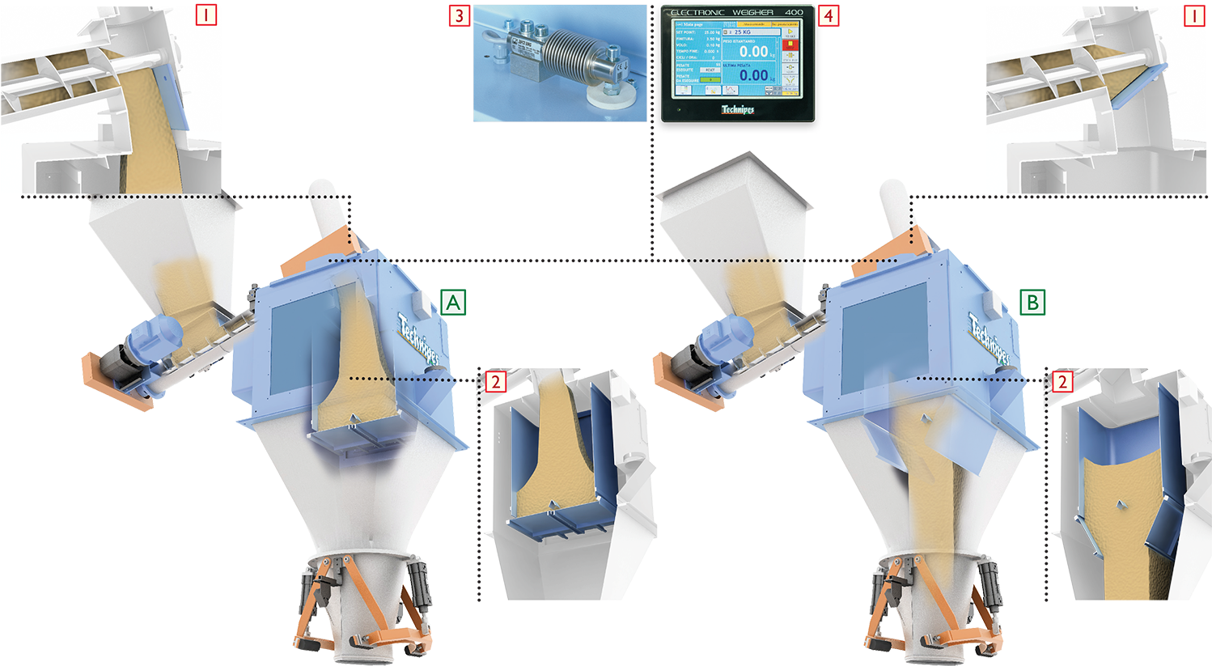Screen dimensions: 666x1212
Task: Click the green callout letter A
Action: [453, 303]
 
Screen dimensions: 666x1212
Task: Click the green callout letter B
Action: [1032, 303]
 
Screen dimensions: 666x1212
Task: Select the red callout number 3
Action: [460, 15]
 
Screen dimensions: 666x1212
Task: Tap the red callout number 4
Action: [827, 15]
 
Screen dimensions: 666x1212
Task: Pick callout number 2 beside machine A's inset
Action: [495, 381]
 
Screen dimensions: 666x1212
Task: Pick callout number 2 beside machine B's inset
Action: [1062, 381]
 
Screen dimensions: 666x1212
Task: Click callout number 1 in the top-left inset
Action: [206, 15]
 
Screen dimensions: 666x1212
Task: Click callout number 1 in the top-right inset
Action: [1194, 15]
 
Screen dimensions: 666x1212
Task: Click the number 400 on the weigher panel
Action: [794, 12]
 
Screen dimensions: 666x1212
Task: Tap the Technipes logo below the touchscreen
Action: [737, 109]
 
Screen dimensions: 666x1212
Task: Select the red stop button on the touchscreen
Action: [790, 45]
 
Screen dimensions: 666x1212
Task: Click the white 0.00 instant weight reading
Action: [753, 52]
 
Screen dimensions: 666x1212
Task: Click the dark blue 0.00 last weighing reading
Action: [753, 76]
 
